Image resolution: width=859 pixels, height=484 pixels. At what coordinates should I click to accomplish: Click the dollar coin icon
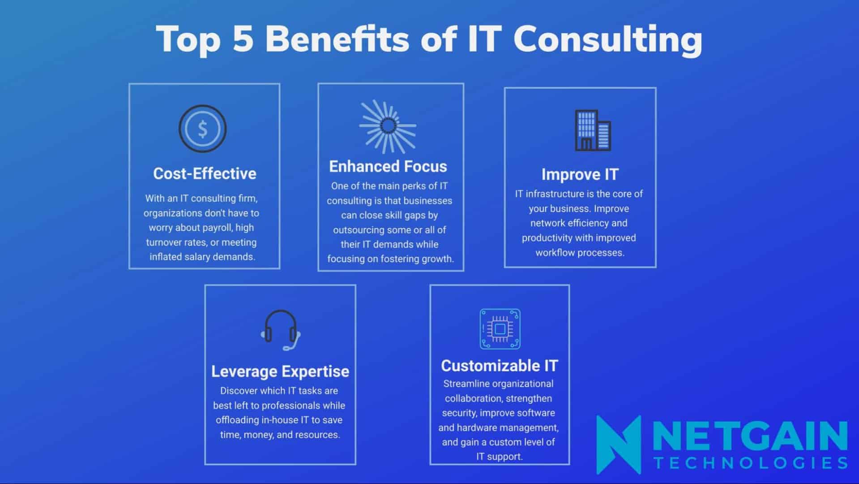[202, 129]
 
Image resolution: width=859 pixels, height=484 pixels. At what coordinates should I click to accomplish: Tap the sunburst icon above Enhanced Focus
[388, 126]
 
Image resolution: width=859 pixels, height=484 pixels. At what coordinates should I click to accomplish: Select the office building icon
[593, 130]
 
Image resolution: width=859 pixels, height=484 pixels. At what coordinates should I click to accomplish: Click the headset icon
[281, 330]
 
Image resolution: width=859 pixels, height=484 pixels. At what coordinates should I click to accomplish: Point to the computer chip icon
[500, 329]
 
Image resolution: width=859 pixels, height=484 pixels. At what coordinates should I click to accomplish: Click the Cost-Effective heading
[205, 173]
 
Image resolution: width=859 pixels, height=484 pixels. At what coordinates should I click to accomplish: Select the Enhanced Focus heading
[388, 166]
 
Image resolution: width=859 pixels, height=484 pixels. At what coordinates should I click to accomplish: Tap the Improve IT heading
[580, 174]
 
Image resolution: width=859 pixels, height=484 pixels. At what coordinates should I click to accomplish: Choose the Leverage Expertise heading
[280, 371]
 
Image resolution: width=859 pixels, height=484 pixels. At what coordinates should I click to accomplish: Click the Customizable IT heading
[500, 366]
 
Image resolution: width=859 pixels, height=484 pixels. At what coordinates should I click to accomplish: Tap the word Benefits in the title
[337, 39]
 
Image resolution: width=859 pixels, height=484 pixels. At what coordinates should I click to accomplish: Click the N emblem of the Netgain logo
[619, 444]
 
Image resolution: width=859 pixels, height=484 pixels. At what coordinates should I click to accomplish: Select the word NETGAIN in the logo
[750, 436]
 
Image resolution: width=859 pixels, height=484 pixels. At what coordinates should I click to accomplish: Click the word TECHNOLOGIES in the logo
[751, 462]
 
